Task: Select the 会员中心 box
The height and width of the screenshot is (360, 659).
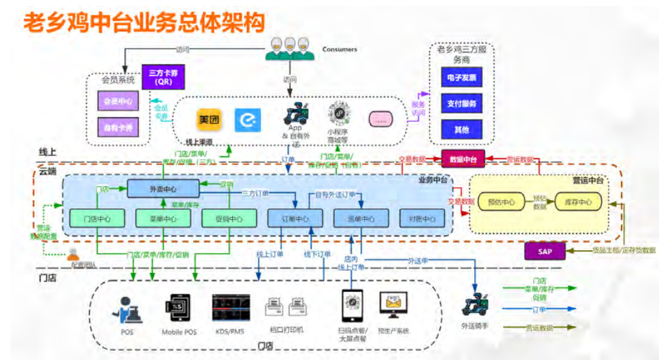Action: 118,101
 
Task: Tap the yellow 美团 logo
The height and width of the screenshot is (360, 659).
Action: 209,120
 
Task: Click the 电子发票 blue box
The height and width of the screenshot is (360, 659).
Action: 461,78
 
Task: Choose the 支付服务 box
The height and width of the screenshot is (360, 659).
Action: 461,103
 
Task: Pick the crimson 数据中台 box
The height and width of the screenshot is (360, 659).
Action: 463,159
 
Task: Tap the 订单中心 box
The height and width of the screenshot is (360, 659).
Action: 294,219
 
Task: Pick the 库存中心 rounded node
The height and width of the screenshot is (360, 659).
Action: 578,203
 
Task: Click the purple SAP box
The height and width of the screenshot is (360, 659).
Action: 545,251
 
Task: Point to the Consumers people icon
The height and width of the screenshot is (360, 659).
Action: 289,46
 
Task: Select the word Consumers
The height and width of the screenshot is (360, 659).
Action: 339,49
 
